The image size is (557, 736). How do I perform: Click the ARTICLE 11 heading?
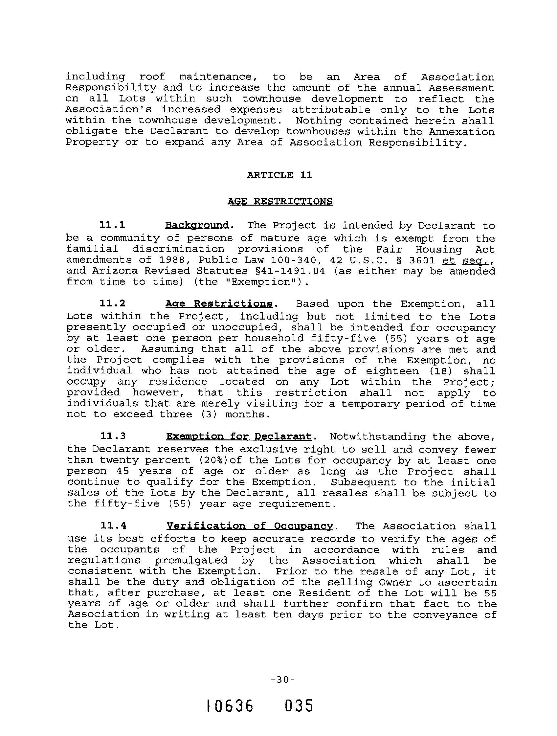pyautogui.click(x=280, y=175)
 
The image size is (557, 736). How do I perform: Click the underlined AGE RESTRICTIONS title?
pyautogui.click(x=280, y=201)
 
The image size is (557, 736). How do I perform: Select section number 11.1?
pyautogui.click(x=112, y=225)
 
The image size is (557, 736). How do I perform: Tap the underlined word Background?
pyautogui.click(x=197, y=225)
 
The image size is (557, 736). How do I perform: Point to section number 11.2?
pyautogui.click(x=112, y=303)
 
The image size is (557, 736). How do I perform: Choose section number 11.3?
pyautogui.click(x=113, y=436)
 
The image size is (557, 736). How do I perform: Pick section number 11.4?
pyautogui.click(x=113, y=526)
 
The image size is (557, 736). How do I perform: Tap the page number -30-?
pyautogui.click(x=281, y=680)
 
